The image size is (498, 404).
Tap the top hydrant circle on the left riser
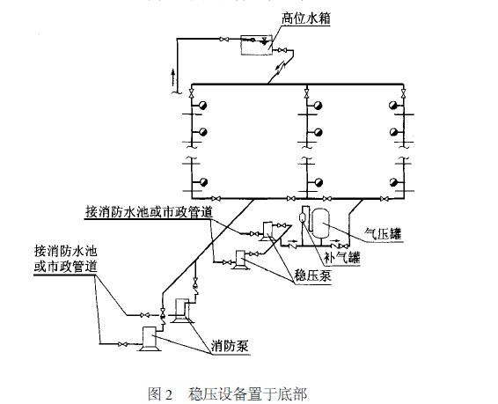[x=201, y=105]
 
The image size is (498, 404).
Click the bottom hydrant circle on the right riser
[x=393, y=181]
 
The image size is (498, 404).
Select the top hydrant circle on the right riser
[x=393, y=105]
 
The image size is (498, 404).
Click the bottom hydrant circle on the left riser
[x=201, y=181]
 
